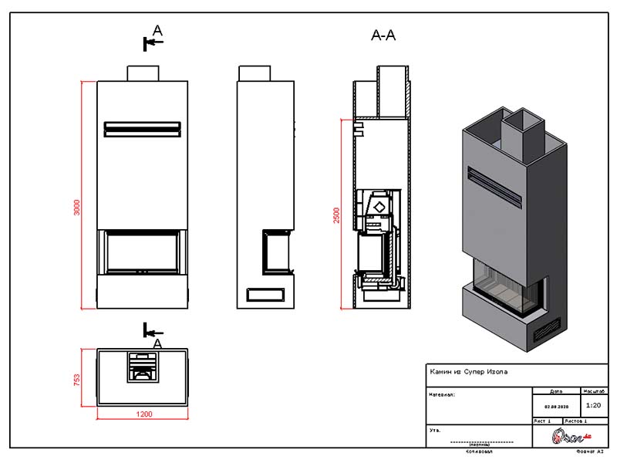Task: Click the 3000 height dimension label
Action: coord(76,208)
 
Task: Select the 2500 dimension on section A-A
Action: coord(336,215)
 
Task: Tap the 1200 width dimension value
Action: coord(143,414)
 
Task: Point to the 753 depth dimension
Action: coord(77,380)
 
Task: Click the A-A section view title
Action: coord(383,35)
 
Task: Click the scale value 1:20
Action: coord(593,404)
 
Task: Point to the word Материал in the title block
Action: coord(443,394)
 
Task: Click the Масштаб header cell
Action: coord(593,390)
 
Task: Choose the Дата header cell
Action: coord(557,390)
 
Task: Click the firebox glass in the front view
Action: coord(143,252)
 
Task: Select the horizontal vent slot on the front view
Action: coord(143,127)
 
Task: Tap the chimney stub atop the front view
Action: coord(143,73)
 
